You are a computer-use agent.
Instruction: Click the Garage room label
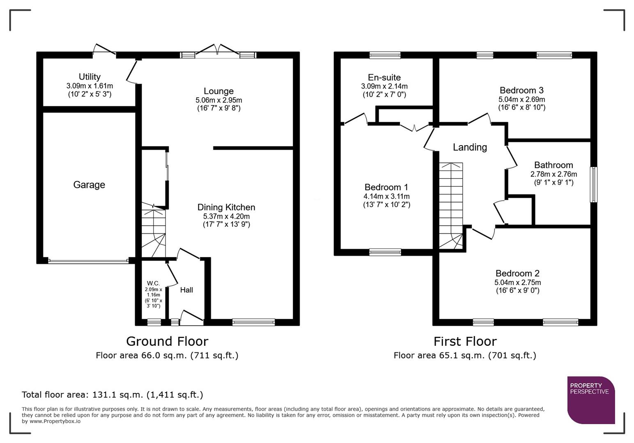[x=89, y=185]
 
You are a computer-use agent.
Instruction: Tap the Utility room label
[x=90, y=77]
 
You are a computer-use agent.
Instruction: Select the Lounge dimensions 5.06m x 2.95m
[x=218, y=100]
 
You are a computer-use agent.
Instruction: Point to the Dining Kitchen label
[x=226, y=207]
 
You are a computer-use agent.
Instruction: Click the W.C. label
[x=153, y=283]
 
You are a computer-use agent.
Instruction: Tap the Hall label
[x=186, y=290]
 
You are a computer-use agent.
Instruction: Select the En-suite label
[x=384, y=78]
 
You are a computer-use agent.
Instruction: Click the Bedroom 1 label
[x=386, y=187]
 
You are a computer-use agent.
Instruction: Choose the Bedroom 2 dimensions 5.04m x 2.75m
[x=517, y=283]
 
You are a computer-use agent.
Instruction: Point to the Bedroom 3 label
[x=521, y=90]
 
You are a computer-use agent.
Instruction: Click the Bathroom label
[x=553, y=165]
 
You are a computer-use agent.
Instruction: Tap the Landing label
[x=470, y=147]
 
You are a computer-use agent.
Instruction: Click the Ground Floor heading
[x=167, y=341]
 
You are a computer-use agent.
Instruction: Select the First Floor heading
[x=465, y=341]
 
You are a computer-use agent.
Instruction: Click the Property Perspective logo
[x=590, y=400]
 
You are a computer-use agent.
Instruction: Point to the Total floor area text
[x=112, y=395]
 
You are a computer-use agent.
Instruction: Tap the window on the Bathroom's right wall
[x=593, y=184]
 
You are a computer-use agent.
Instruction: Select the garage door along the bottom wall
[x=88, y=260]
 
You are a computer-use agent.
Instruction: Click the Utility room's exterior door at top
[x=104, y=50]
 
